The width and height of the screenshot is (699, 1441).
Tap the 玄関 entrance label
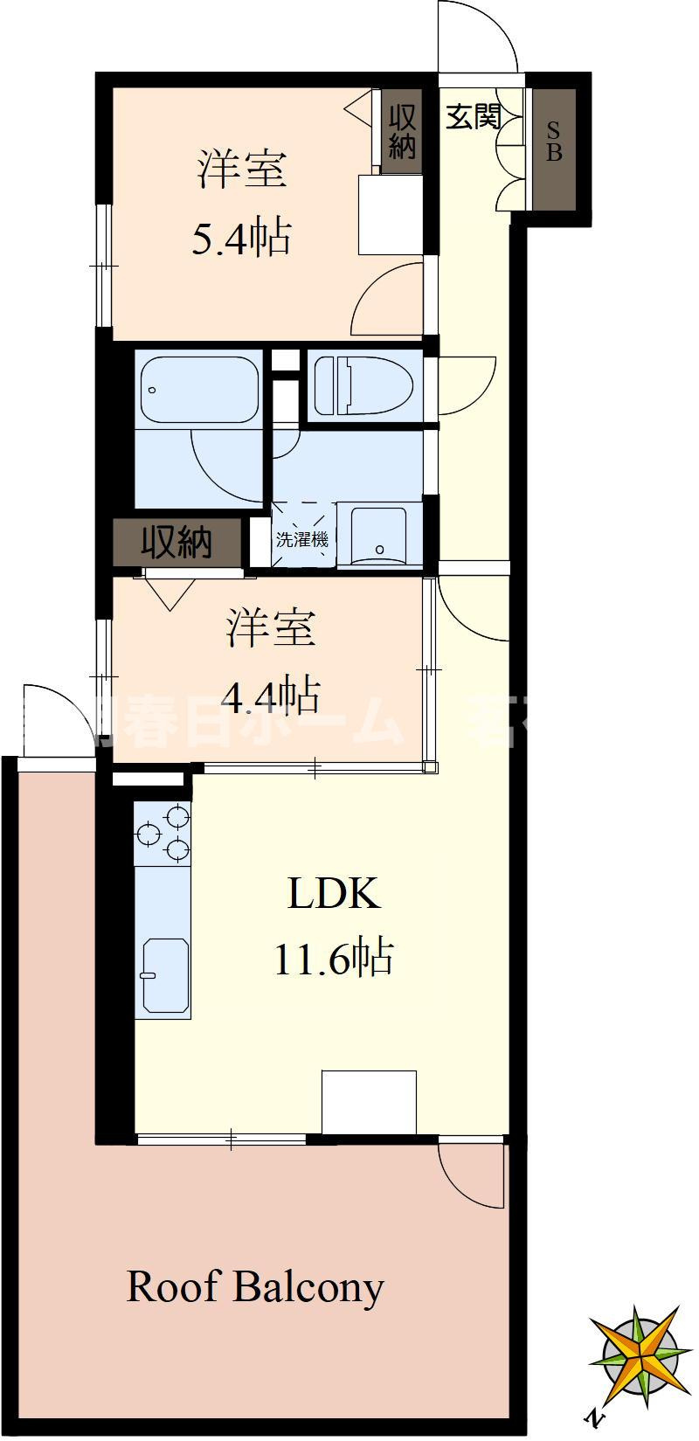(474, 117)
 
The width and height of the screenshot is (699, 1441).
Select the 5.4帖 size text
(241, 237)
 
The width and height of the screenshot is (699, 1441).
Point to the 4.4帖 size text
(270, 696)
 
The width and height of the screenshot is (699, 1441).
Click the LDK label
(335, 894)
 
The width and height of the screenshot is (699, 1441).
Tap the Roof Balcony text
(255, 1286)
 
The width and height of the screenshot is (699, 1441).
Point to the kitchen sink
(164, 976)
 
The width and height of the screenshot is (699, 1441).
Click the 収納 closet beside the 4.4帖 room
(177, 544)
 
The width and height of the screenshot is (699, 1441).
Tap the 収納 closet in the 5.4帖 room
(402, 131)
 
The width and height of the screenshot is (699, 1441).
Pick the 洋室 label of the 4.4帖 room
(271, 628)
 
